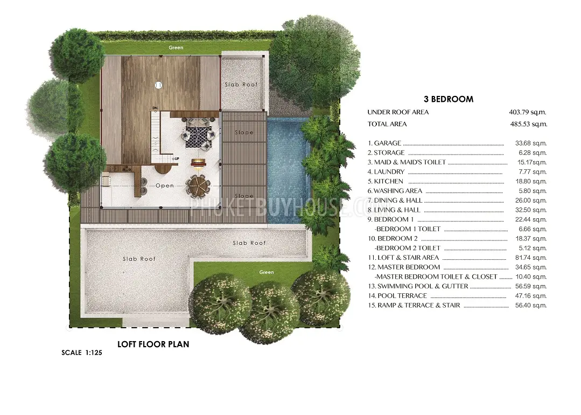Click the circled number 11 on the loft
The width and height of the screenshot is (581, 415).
click(x=158, y=85)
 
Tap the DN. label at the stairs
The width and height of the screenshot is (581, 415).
click(x=155, y=108)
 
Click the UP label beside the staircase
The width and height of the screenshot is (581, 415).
click(x=177, y=159)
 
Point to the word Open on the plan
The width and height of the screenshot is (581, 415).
click(x=165, y=185)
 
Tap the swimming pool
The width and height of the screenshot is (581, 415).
click(x=288, y=171)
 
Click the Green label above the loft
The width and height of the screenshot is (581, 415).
click(x=176, y=47)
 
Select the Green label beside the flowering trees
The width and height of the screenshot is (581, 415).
click(x=267, y=272)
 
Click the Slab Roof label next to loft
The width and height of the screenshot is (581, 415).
click(x=241, y=85)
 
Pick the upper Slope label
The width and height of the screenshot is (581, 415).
click(x=244, y=133)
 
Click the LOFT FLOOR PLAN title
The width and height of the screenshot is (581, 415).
click(x=153, y=344)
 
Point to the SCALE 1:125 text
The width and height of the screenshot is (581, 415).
click(x=81, y=352)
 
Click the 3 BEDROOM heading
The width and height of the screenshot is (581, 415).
click(x=449, y=99)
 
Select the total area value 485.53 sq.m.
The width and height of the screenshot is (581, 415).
click(x=528, y=124)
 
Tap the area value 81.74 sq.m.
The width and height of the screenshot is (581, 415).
click(x=531, y=258)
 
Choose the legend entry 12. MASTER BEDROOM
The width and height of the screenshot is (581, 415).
click(x=404, y=267)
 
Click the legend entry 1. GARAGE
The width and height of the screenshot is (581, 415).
click(x=384, y=143)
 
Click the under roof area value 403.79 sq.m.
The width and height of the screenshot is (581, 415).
click(x=528, y=112)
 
